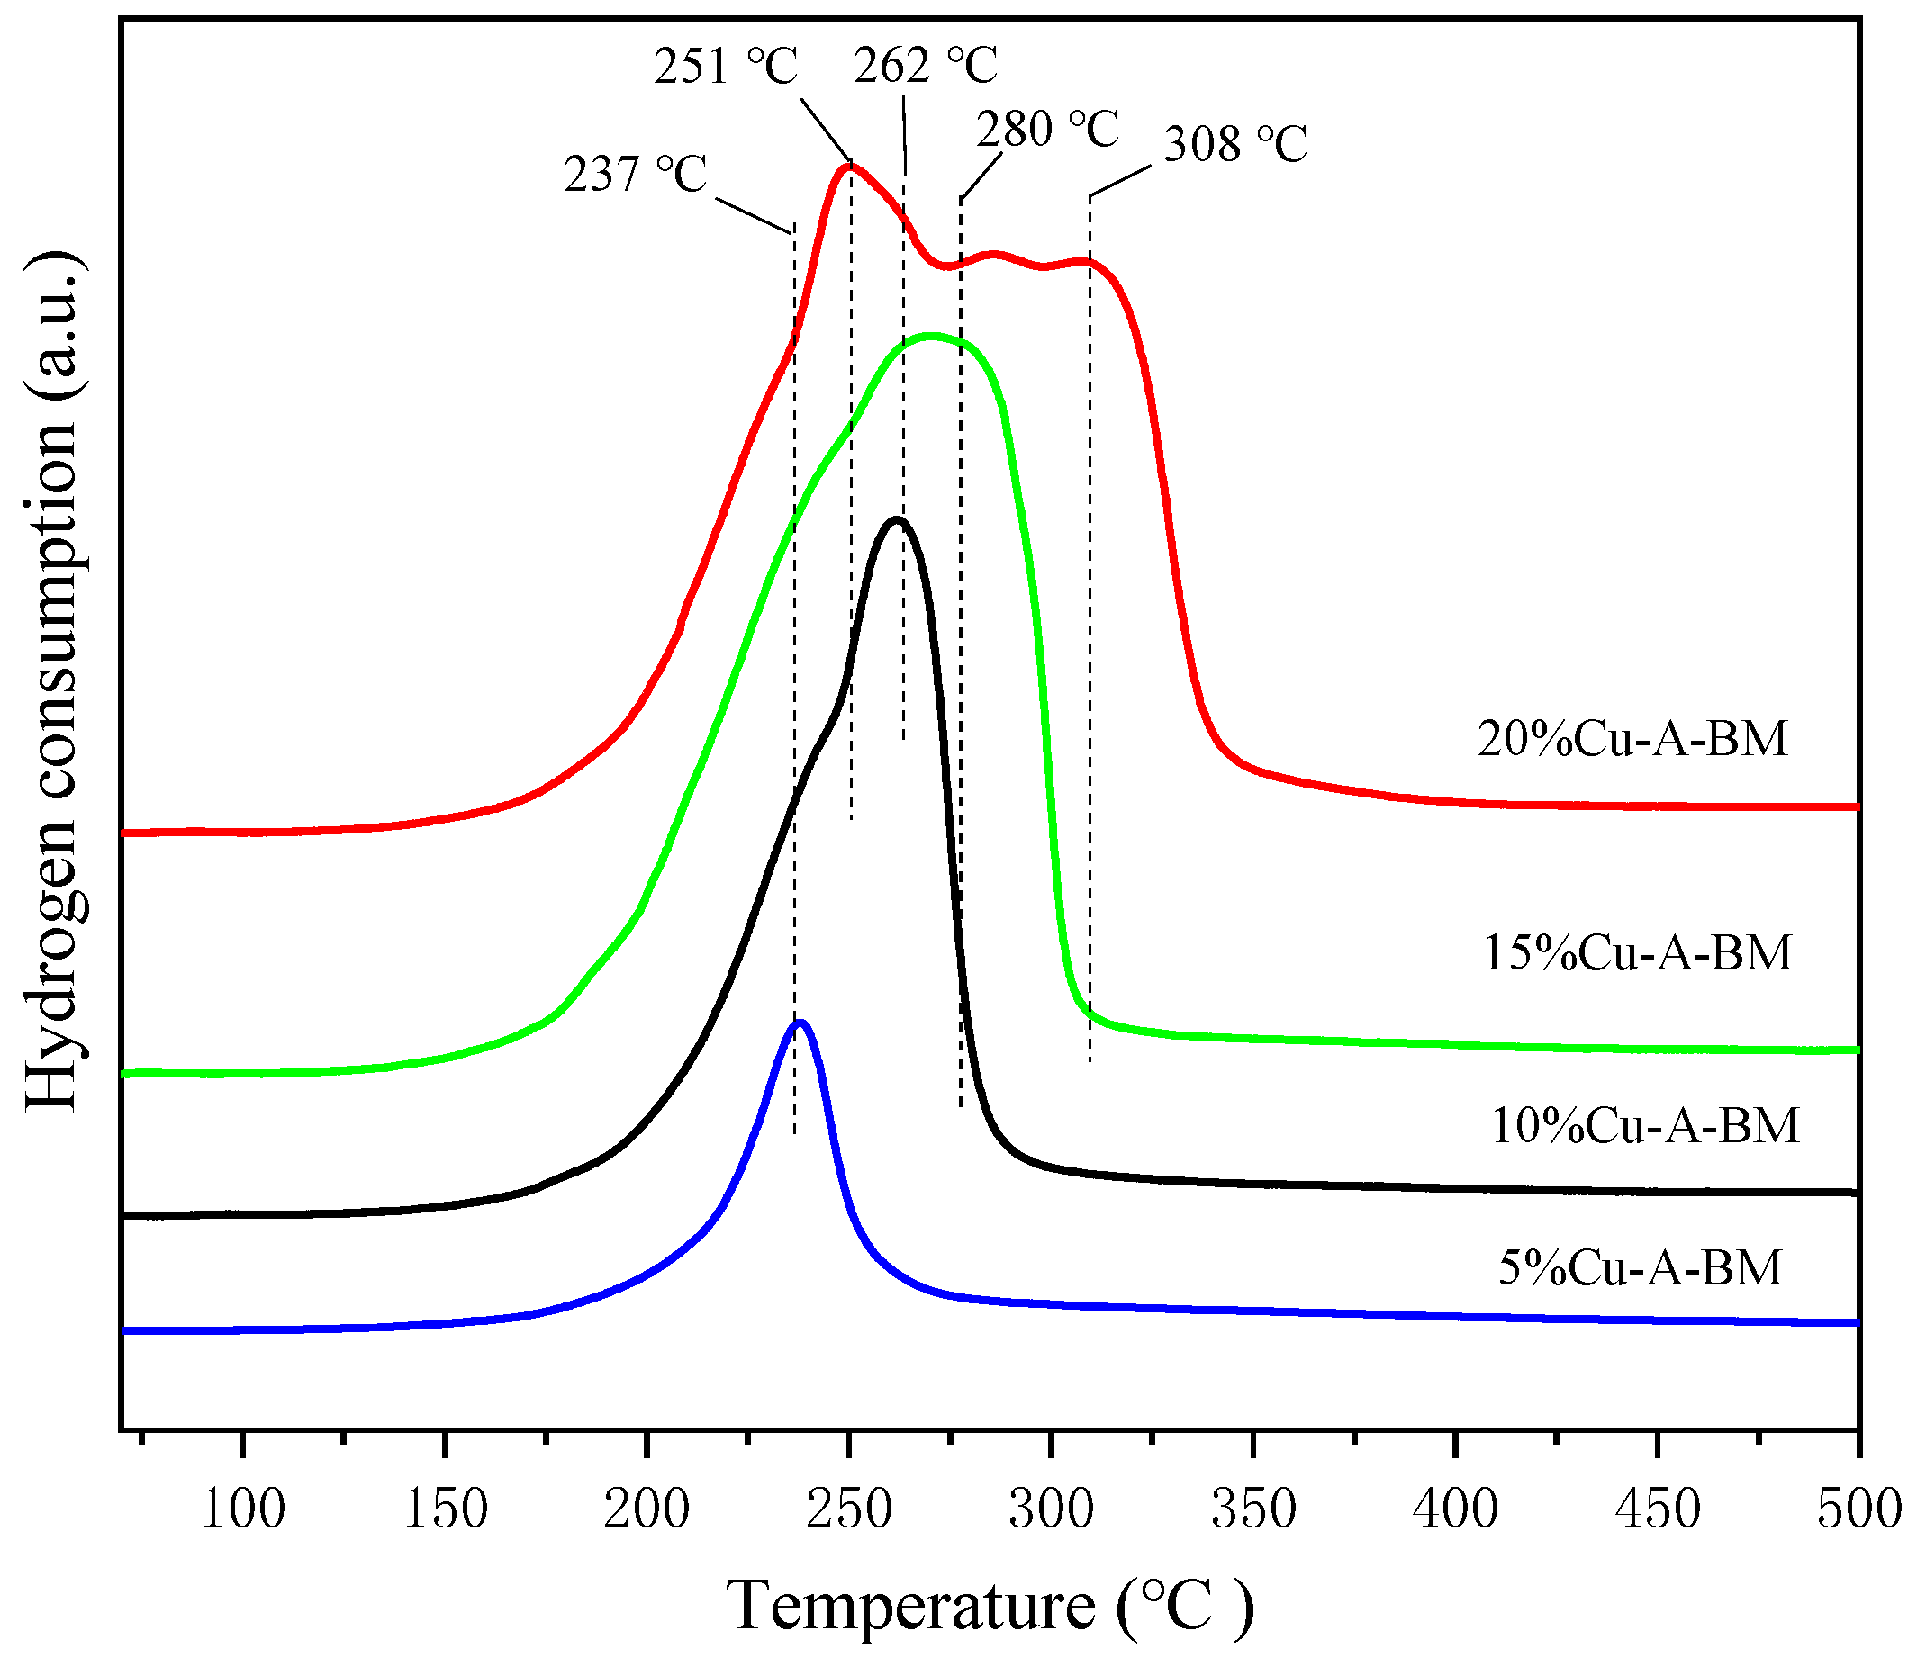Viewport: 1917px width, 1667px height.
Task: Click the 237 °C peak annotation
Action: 636,174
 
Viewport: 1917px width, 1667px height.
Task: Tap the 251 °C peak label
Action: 726,66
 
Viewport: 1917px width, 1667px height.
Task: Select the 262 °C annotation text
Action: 925,65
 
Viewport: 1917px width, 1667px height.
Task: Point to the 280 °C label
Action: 1047,129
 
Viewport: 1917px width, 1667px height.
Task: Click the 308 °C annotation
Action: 1234,144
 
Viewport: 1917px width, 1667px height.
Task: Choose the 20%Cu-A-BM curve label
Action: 1632,739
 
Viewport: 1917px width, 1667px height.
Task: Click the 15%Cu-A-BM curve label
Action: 1637,952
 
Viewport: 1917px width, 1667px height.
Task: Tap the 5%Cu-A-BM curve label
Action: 1640,1267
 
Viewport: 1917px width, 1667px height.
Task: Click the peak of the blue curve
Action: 800,1023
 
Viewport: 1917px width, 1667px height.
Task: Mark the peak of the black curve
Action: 896,520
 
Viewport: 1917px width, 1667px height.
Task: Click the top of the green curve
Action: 929,336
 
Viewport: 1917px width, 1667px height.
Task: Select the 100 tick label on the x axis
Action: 243,1509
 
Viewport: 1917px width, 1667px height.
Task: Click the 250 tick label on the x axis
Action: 849,1509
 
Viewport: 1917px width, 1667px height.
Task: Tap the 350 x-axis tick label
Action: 1253,1509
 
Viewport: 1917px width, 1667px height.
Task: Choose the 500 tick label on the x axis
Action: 1858,1509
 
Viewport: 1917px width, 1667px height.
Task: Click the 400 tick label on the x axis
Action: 1455,1509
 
